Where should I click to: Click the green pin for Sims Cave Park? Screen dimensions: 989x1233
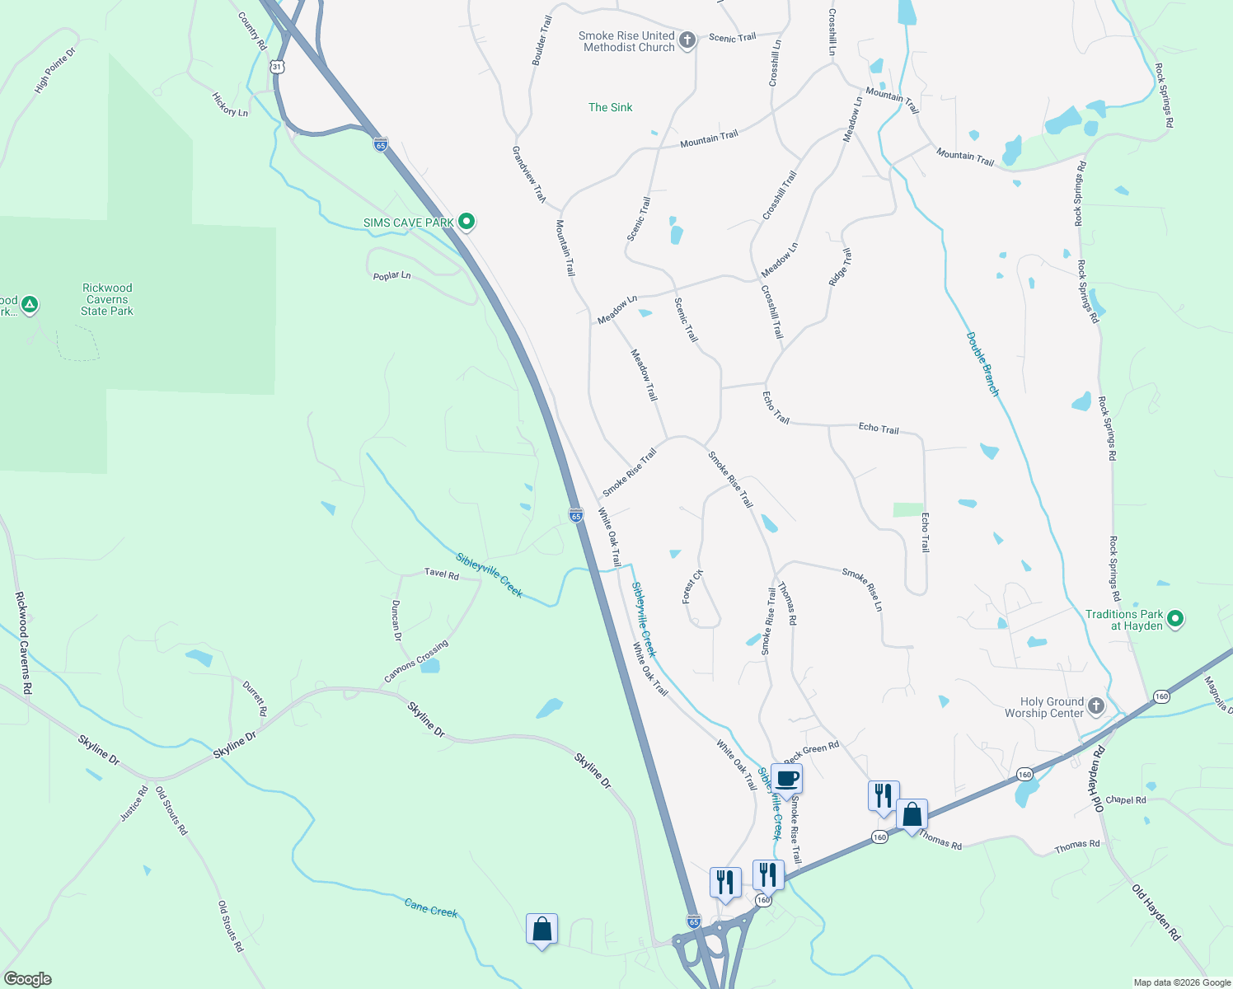pyautogui.click(x=466, y=221)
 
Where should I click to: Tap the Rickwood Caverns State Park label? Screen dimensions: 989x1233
pyautogui.click(x=107, y=299)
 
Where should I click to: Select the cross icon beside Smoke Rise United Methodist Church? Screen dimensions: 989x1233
pyautogui.click(x=687, y=39)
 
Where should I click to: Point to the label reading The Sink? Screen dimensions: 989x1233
pyautogui.click(x=610, y=107)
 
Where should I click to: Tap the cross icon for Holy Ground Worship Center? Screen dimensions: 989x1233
pyautogui.click(x=1096, y=705)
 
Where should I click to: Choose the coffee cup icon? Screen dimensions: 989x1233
pyautogui.click(x=786, y=778)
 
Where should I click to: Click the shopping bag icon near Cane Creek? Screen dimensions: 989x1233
pyautogui.click(x=541, y=929)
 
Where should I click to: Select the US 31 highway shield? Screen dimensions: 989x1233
pyautogui.click(x=278, y=66)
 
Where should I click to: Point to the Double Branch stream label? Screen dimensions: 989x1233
pyautogui.click(x=982, y=364)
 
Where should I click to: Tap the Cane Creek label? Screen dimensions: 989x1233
pyautogui.click(x=431, y=908)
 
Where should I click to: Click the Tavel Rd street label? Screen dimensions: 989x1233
pyautogui.click(x=442, y=574)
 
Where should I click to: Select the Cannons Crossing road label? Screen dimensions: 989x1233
pyautogui.click(x=416, y=662)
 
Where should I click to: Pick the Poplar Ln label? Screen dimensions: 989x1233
pyautogui.click(x=391, y=275)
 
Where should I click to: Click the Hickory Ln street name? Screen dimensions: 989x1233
pyautogui.click(x=230, y=105)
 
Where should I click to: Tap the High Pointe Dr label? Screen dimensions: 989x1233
pyautogui.click(x=55, y=70)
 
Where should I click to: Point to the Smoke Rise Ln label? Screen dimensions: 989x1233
pyautogui.click(x=862, y=588)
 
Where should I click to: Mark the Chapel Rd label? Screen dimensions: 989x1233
pyautogui.click(x=1126, y=799)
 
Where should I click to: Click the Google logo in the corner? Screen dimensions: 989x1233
pyautogui.click(x=28, y=979)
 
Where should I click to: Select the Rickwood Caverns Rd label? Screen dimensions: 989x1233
pyautogui.click(x=23, y=643)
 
